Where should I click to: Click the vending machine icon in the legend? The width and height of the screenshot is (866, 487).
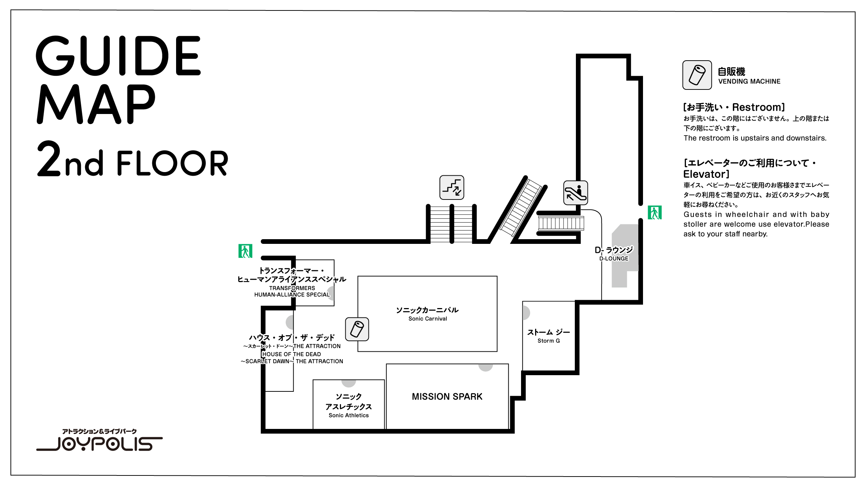(697, 75)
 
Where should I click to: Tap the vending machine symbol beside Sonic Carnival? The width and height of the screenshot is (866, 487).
(357, 329)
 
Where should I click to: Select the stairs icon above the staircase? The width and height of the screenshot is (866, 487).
(452, 187)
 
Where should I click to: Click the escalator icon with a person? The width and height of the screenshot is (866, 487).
(575, 193)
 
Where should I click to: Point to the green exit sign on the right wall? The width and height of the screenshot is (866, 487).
(655, 212)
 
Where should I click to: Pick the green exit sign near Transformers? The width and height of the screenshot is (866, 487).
(245, 251)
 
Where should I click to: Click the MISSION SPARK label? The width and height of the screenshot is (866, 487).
(447, 396)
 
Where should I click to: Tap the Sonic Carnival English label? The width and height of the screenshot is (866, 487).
(428, 319)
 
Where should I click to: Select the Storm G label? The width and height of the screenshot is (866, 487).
(548, 341)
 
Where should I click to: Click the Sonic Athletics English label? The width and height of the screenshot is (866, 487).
(349, 416)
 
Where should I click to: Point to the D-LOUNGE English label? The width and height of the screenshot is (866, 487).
(614, 259)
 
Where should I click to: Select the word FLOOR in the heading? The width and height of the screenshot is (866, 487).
(172, 163)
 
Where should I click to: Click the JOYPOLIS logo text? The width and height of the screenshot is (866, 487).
(105, 444)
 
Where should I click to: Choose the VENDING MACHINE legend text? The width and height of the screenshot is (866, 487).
(749, 82)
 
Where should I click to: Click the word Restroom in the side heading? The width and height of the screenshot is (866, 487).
(758, 107)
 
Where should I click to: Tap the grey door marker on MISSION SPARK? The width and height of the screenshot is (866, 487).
(486, 367)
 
